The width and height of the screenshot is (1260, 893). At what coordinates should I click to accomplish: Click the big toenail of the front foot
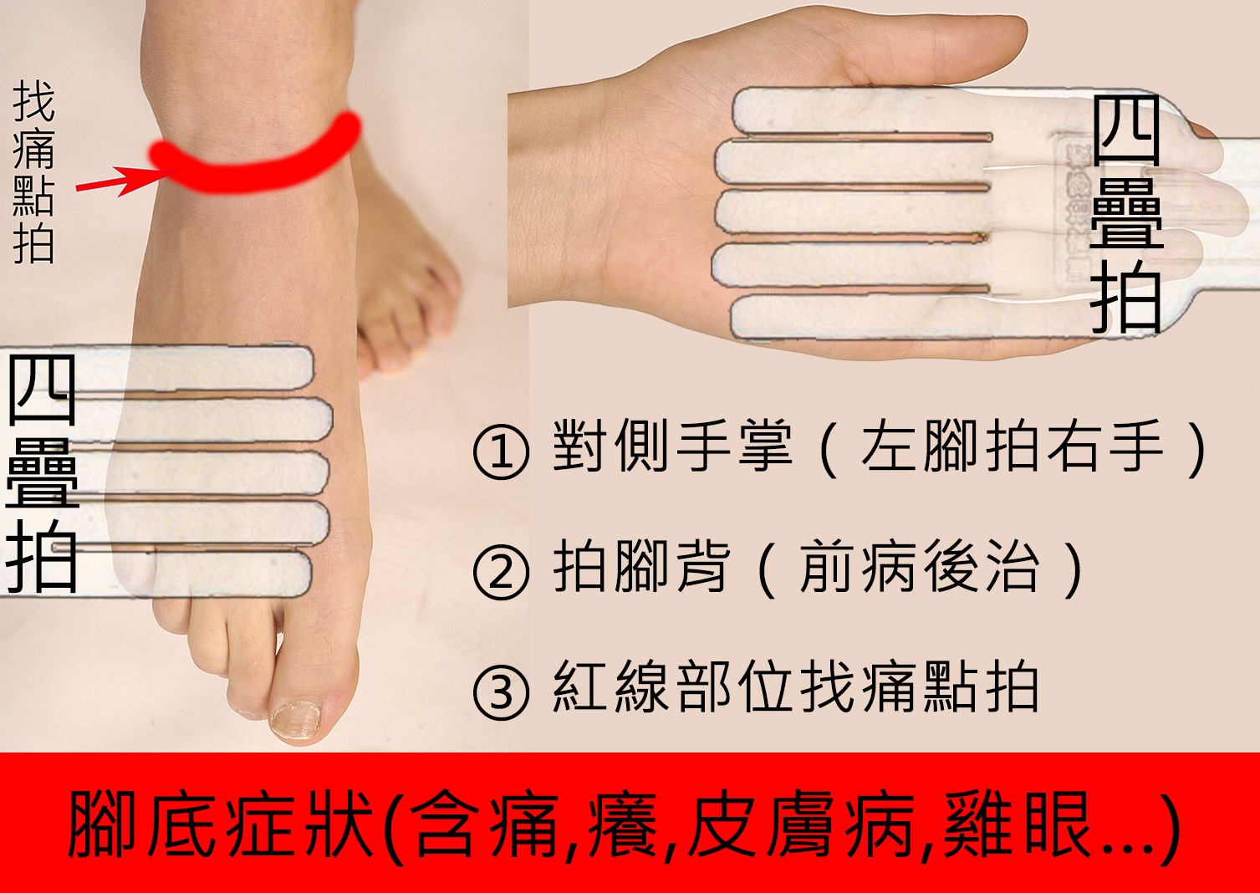295,720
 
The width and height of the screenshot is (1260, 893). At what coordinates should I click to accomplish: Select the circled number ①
501,452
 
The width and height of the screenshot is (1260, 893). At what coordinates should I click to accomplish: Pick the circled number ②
501,572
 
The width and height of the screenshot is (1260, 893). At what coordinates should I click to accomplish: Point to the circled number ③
501,692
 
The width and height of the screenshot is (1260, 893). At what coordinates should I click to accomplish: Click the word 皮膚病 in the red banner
802,824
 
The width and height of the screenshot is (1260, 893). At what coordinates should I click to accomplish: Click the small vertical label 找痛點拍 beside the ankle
33,171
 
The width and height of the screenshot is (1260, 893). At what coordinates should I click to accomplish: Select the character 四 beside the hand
1126,130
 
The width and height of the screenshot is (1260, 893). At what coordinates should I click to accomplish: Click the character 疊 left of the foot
42,472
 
